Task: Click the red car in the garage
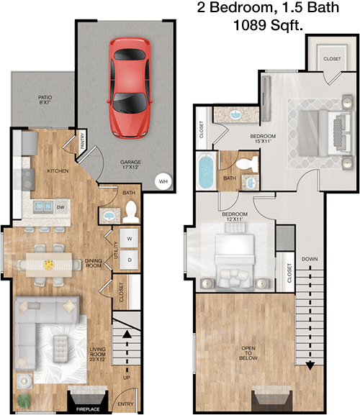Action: (x=130, y=87)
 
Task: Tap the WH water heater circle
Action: (x=163, y=181)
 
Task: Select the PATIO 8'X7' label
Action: (x=45, y=100)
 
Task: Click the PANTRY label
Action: (x=82, y=141)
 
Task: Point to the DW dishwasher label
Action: (x=60, y=207)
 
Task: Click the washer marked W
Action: (x=130, y=239)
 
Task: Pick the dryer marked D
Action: (x=130, y=260)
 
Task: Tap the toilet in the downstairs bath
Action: (x=130, y=212)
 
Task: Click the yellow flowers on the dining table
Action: (x=49, y=265)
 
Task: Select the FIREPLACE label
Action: (x=88, y=409)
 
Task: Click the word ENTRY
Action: (x=125, y=404)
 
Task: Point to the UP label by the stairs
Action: (x=127, y=378)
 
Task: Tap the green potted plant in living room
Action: (x=24, y=400)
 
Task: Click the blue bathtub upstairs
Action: (x=206, y=171)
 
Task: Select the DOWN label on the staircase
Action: (x=310, y=259)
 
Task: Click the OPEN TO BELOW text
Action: (x=248, y=353)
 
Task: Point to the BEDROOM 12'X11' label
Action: (x=235, y=216)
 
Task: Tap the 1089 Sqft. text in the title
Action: (x=268, y=26)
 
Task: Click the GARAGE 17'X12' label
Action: (x=130, y=165)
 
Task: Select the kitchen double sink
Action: (x=43, y=206)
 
